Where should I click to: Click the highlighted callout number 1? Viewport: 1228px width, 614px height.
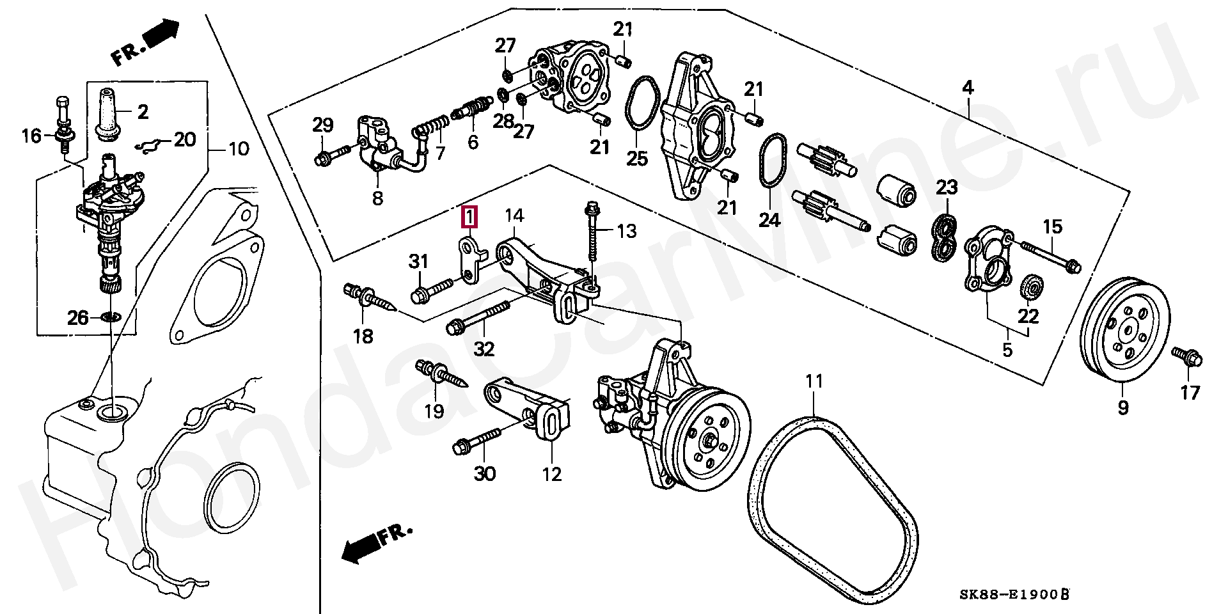click(x=469, y=217)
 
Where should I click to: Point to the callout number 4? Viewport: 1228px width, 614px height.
click(x=968, y=88)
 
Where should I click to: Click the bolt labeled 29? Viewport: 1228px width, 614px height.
click(x=330, y=155)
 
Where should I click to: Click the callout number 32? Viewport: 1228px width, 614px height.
click(x=484, y=349)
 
